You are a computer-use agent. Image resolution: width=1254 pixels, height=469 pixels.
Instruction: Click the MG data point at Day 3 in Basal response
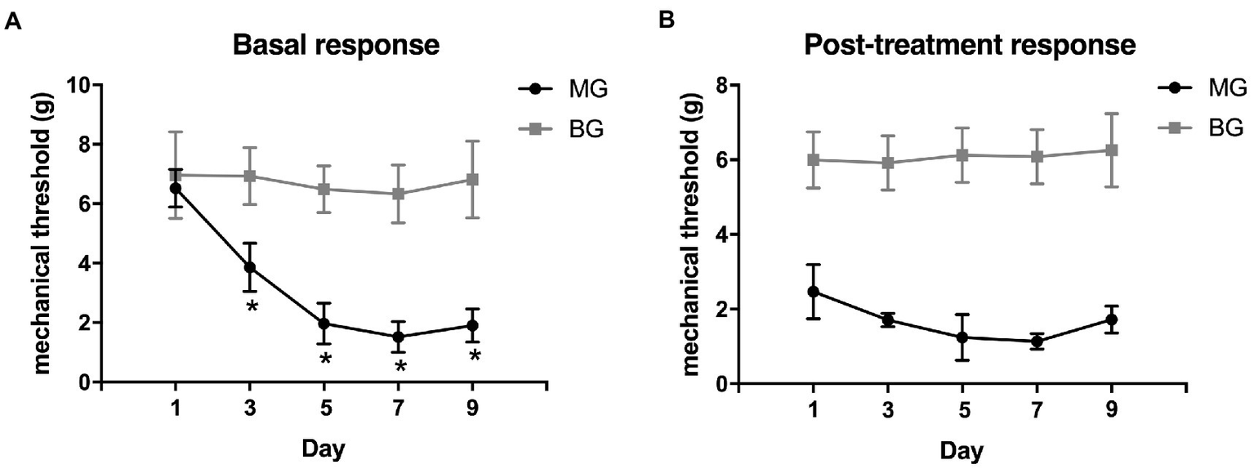[x=250, y=267]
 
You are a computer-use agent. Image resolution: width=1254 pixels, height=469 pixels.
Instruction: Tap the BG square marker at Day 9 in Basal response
[x=472, y=179]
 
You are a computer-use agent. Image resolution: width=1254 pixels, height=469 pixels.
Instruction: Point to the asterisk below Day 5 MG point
[x=325, y=359]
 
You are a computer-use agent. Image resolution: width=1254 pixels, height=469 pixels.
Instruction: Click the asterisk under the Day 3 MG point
[x=251, y=307]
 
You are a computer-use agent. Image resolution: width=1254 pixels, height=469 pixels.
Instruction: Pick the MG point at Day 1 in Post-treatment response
[x=813, y=292]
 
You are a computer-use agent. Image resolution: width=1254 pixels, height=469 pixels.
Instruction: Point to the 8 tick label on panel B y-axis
[x=721, y=85]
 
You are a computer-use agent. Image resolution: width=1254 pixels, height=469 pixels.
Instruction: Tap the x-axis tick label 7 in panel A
[x=399, y=409]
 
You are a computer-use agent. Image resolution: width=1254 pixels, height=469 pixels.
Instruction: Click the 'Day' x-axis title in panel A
[x=324, y=449]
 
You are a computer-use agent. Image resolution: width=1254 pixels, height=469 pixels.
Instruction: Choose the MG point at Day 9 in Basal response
[x=472, y=326]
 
